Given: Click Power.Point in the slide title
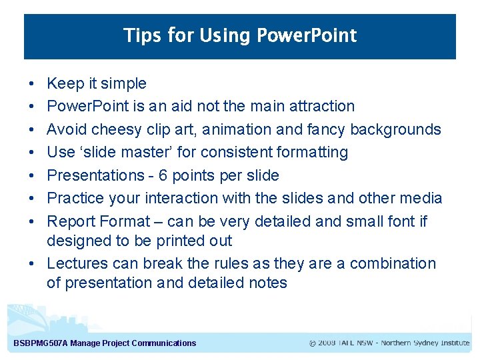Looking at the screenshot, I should [x=305, y=35].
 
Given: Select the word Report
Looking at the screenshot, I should [x=71, y=221].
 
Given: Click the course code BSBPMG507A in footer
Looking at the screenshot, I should [x=41, y=343].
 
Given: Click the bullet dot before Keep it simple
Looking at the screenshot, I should [x=31, y=84].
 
